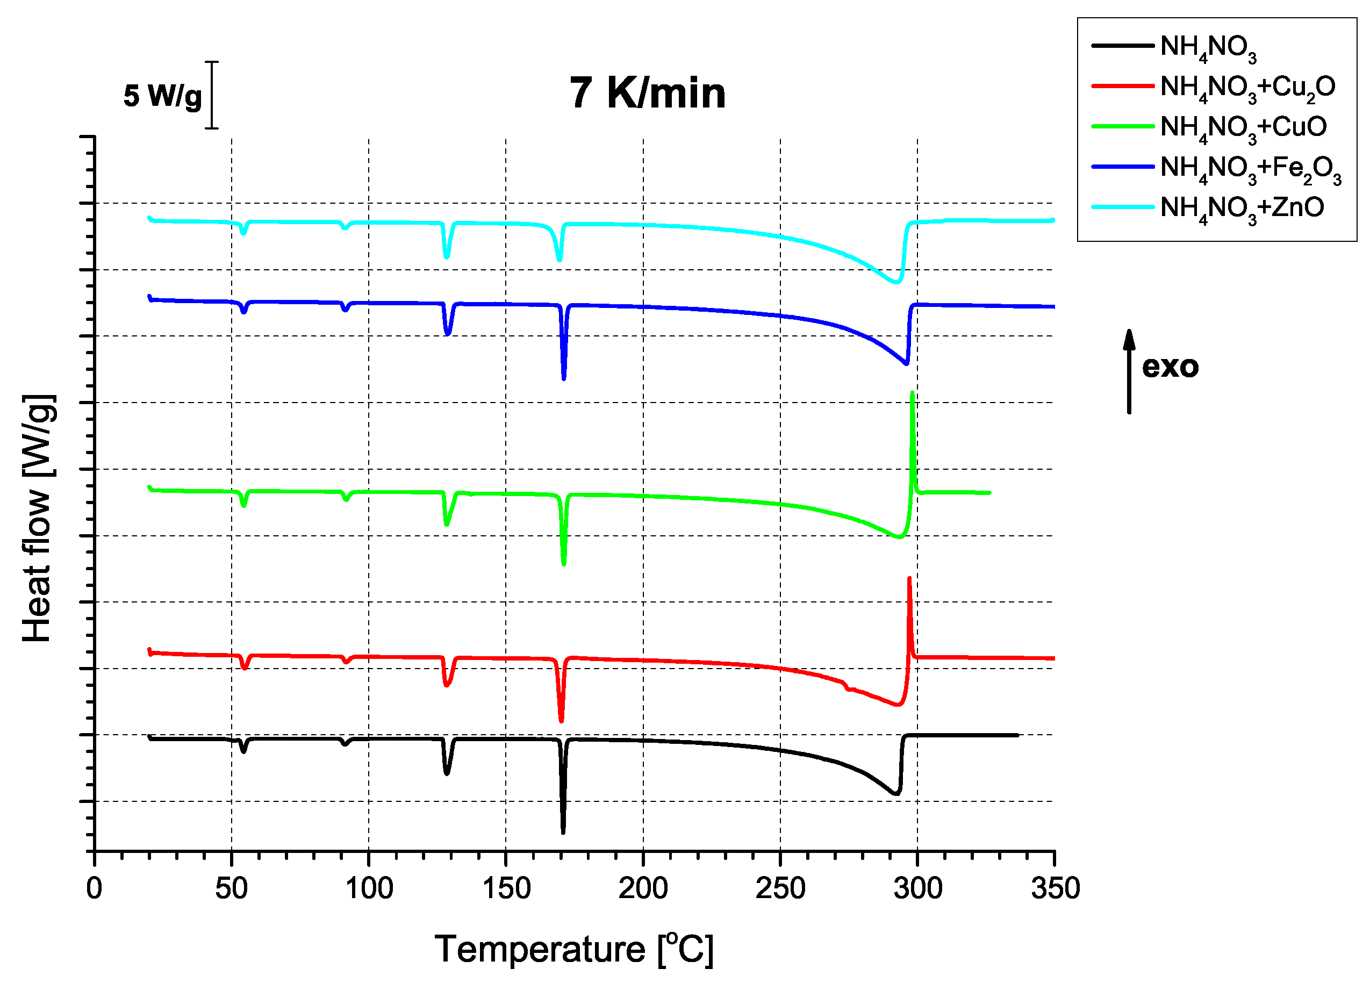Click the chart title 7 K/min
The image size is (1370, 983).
click(x=648, y=93)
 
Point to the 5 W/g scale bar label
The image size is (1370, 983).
click(x=162, y=96)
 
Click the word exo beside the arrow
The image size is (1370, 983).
click(x=1170, y=367)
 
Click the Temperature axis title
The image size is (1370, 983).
click(x=574, y=949)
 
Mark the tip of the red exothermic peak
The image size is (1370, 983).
click(x=909, y=579)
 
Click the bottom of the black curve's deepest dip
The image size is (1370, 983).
click(x=563, y=832)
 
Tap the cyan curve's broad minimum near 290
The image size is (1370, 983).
click(x=896, y=282)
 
